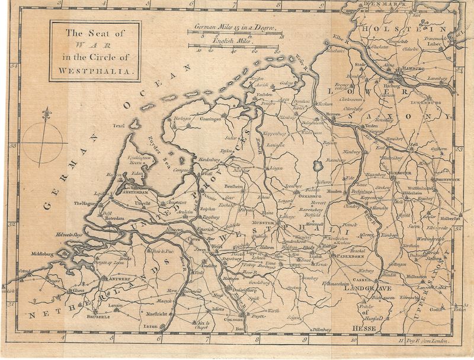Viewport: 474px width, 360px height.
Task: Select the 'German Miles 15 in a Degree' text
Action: point(235,27)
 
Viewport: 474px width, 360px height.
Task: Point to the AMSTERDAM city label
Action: point(137,193)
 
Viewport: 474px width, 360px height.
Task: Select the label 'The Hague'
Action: point(84,204)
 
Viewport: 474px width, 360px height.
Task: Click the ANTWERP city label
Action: point(117,278)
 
